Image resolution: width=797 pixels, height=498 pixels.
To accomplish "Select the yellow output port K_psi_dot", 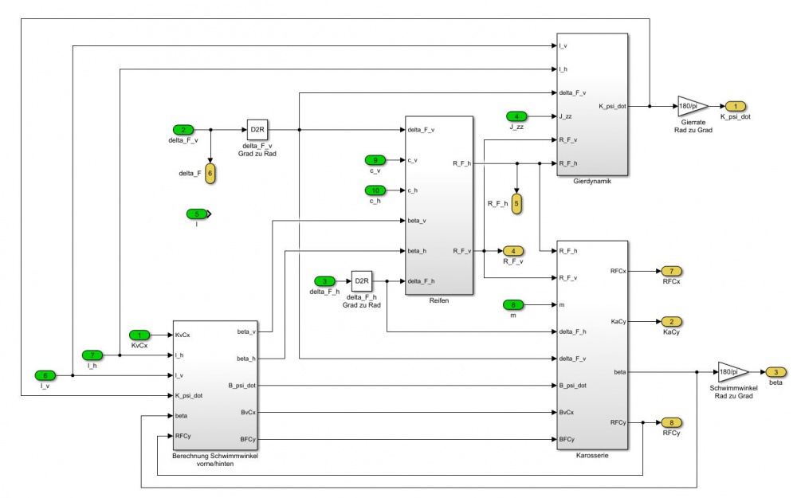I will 735,106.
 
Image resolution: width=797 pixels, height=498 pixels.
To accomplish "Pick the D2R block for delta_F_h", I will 362,281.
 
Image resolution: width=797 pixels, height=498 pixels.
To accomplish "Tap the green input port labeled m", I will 515,304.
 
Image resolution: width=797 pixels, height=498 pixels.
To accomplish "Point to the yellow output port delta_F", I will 210,172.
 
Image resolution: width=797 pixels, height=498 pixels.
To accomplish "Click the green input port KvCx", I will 139,335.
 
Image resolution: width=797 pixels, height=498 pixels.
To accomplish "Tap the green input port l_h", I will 92,355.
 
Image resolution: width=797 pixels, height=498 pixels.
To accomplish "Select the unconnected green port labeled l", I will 196,214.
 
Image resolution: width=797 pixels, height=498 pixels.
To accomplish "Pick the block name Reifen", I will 439,302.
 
